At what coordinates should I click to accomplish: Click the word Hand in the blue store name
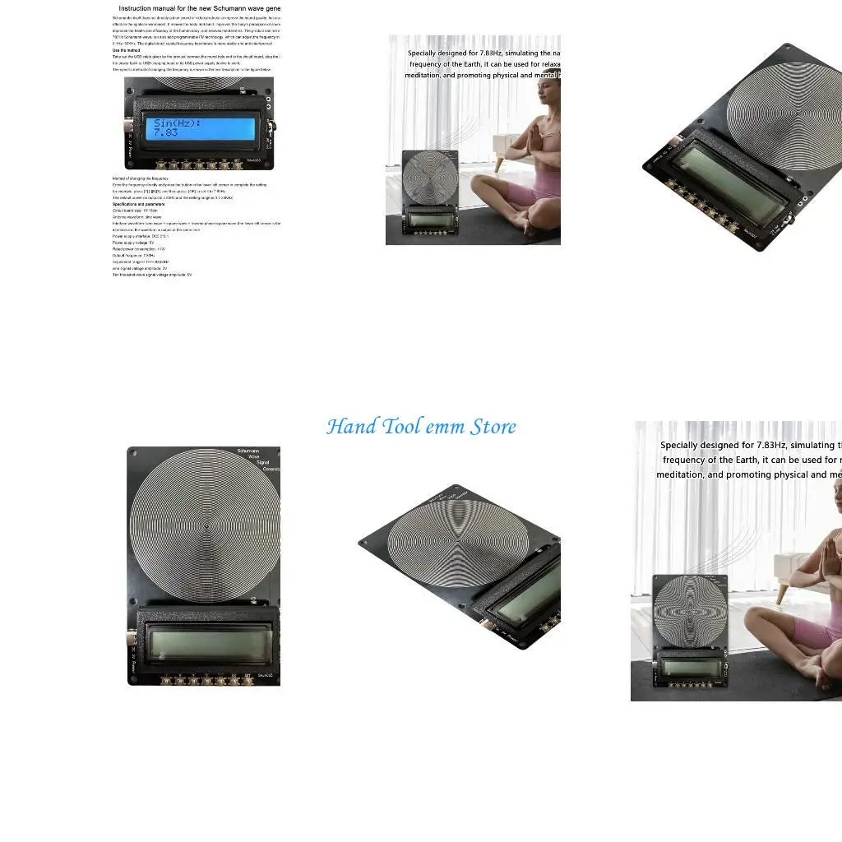(344, 427)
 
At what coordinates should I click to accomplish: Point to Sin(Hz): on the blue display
(177, 123)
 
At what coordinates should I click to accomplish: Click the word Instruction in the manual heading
(141, 8)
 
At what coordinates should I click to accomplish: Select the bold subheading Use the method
(126, 50)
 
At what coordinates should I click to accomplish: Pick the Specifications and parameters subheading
(138, 204)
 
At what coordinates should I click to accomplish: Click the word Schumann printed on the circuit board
(249, 451)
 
